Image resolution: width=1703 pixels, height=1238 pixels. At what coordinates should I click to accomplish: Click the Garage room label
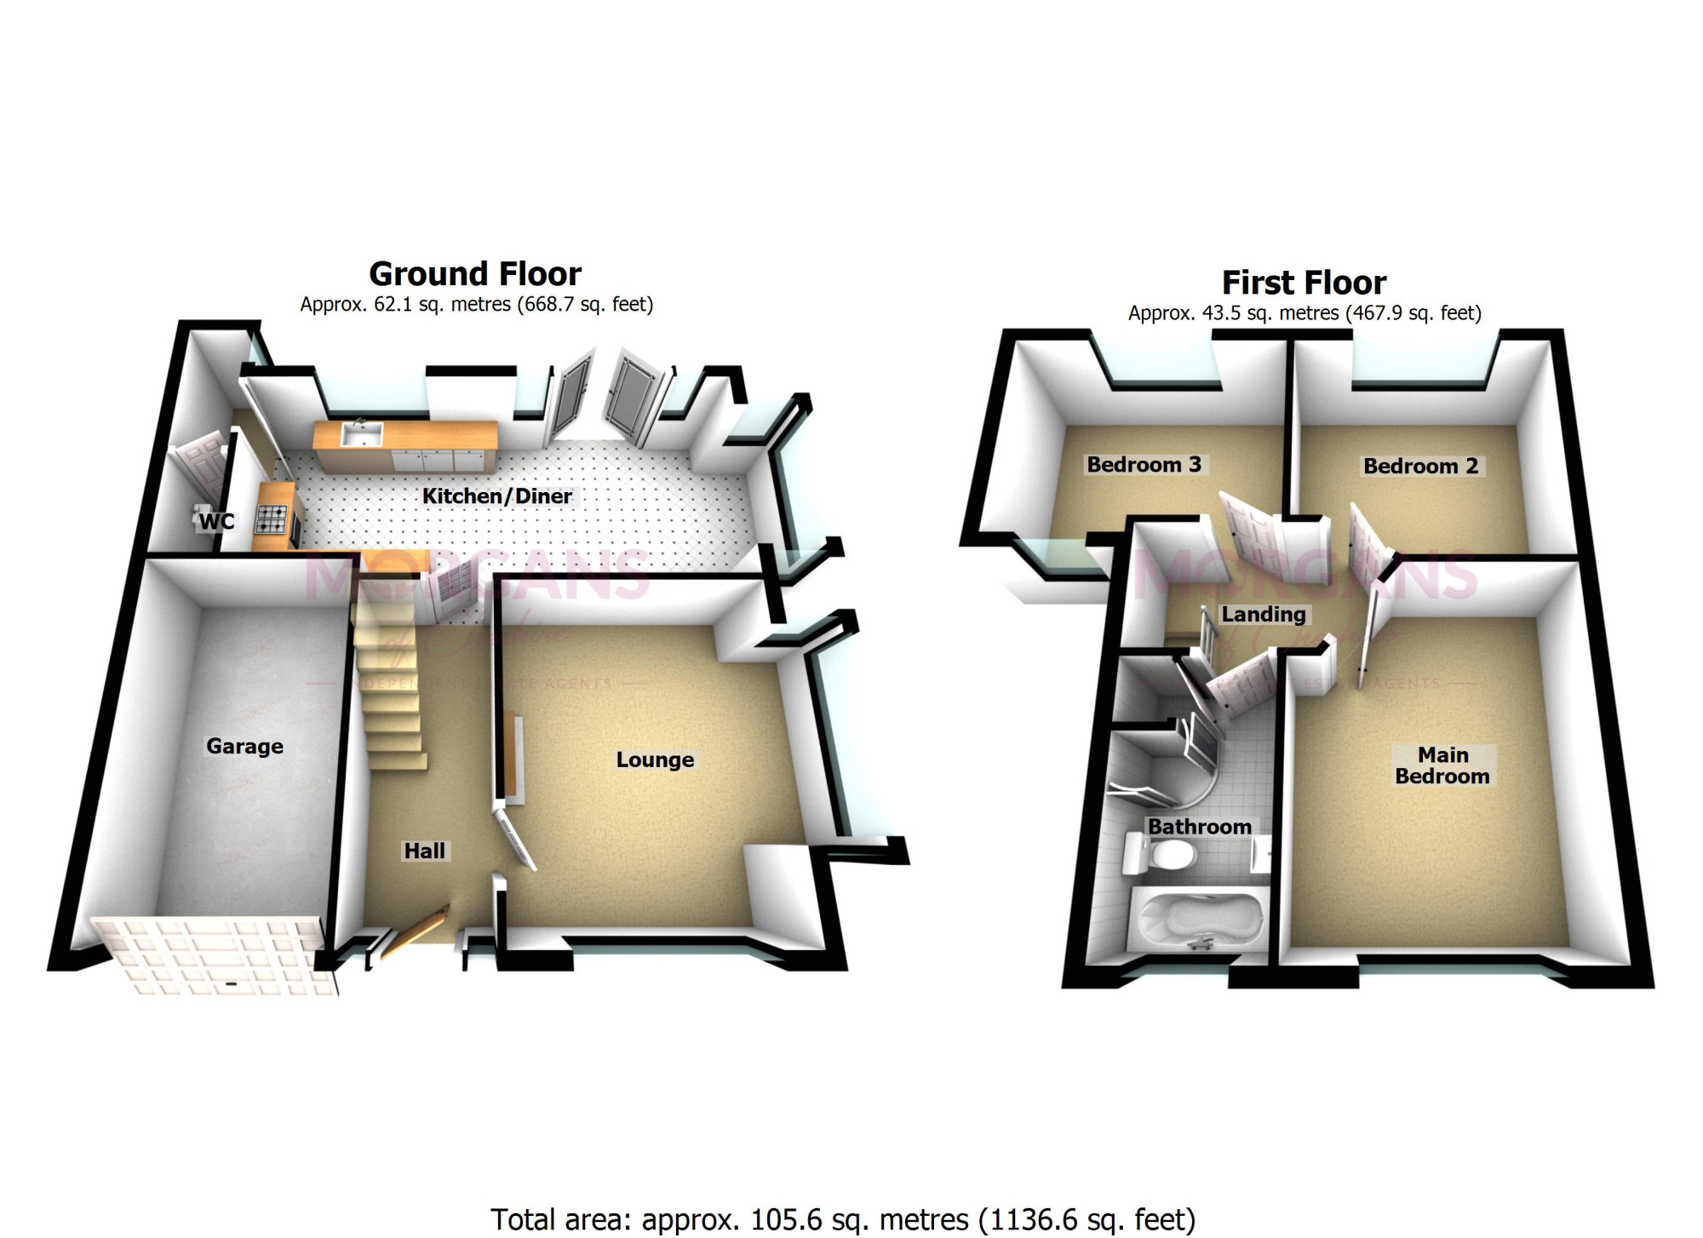[244, 747]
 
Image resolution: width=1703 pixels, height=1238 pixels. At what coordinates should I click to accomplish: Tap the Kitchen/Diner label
[497, 496]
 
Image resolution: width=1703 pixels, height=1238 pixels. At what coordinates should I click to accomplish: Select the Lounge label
[655, 759]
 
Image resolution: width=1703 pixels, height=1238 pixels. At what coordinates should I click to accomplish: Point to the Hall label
[424, 851]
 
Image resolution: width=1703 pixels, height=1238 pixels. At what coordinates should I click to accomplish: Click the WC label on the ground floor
[216, 521]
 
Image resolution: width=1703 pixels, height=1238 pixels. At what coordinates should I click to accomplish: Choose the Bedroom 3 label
[1144, 465]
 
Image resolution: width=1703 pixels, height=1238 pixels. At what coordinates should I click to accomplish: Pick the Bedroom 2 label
[1420, 467]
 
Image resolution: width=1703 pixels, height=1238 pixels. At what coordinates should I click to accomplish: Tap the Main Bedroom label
[1442, 765]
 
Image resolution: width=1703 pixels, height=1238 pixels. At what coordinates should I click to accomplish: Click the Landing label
[1264, 615]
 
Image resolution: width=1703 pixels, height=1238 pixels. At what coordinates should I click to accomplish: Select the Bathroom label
[1199, 827]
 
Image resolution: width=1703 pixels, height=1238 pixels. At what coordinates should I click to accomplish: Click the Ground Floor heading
[475, 274]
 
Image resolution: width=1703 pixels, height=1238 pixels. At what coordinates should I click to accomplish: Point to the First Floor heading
[1304, 283]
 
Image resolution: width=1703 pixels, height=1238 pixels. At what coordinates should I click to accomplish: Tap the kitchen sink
[361, 434]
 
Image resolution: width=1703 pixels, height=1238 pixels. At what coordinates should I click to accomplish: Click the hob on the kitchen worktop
[271, 519]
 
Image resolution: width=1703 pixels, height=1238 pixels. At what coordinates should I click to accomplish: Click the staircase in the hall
[388, 681]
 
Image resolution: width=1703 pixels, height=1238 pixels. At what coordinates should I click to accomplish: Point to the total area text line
[842, 1219]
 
